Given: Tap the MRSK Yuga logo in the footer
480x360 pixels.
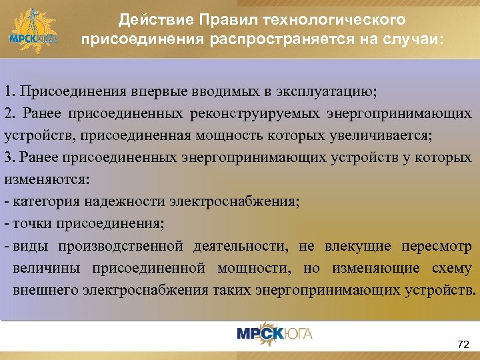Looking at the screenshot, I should click(274, 333).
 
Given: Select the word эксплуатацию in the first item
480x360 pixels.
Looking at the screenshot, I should click(324, 90).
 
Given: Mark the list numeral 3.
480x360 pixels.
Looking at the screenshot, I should click(7, 158).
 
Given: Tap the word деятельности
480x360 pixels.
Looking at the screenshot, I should click(241, 247).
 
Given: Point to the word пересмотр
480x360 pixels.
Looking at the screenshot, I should click(437, 247).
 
